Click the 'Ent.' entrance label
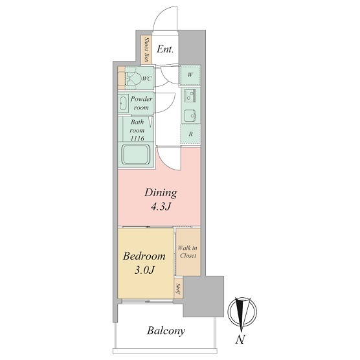165,49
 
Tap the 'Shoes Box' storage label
146,50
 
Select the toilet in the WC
131,78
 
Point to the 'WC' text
147,79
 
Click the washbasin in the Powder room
123,104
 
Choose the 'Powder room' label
141,103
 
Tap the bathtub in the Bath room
136,154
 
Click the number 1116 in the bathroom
137,139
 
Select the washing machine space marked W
190,75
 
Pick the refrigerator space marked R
190,134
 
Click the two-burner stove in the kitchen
190,96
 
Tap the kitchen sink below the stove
190,115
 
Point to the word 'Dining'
161,193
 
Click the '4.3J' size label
161,207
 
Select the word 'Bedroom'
144,256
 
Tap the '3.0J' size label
144,271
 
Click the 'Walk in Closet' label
188,252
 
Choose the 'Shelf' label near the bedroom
178,289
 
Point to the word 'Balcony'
166,331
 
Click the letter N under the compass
240,339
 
